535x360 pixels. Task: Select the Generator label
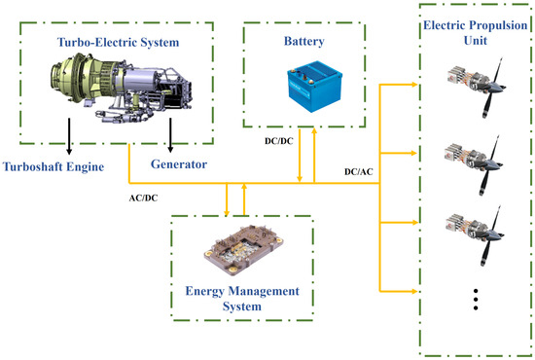coord(179,165)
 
